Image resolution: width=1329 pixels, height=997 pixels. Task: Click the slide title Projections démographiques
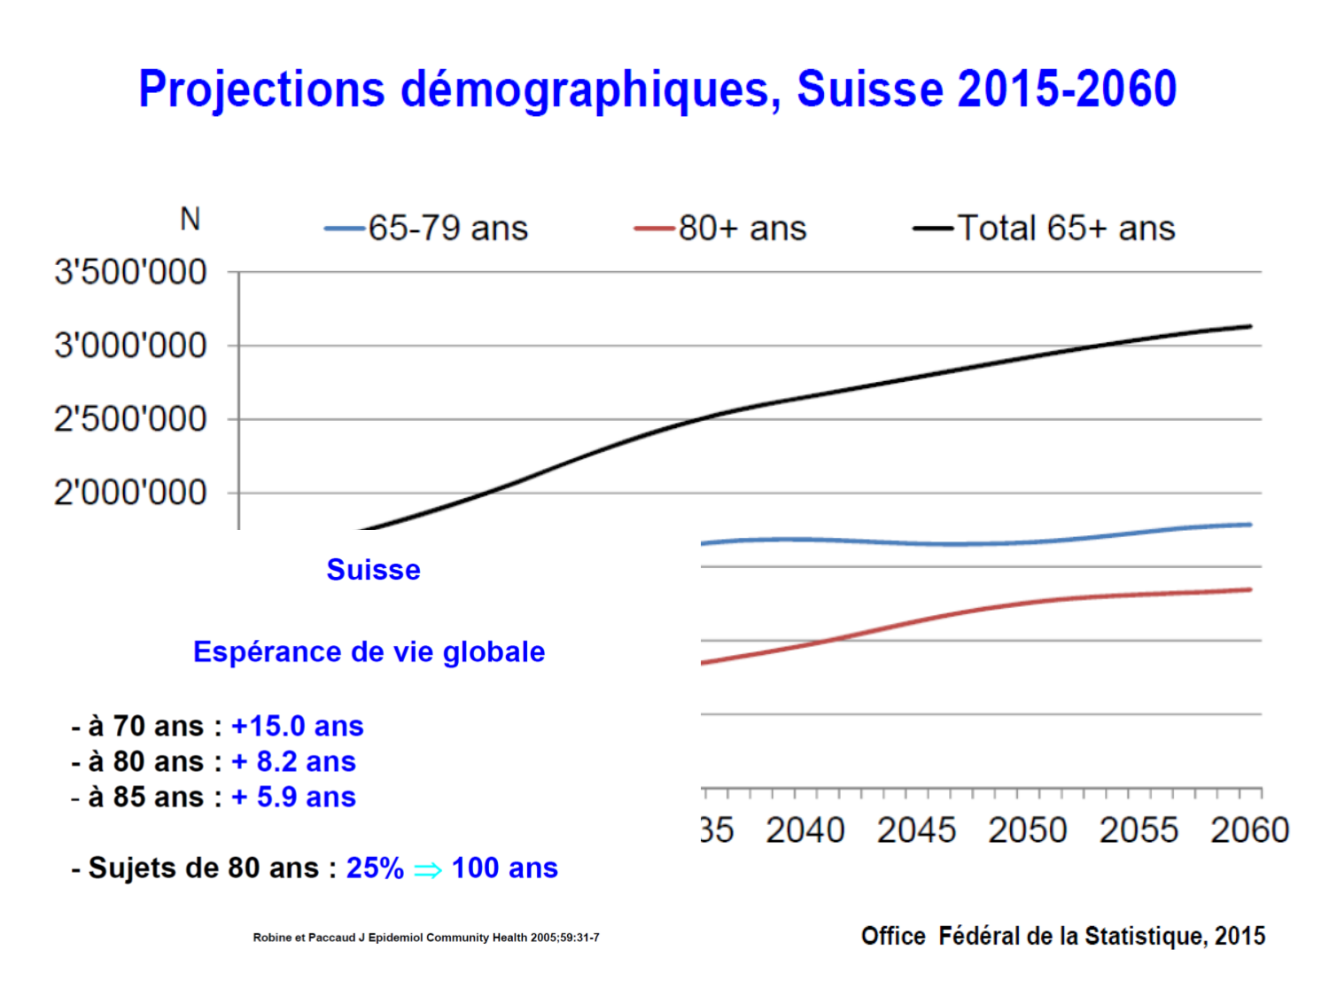(657, 90)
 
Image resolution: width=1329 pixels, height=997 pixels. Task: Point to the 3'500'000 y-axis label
(130, 272)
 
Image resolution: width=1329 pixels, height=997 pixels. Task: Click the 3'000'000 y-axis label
(130, 346)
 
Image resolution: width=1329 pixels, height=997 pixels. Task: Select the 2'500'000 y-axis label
(130, 419)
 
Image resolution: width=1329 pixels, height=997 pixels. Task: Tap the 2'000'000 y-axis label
(130, 493)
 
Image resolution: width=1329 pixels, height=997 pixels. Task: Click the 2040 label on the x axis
(805, 831)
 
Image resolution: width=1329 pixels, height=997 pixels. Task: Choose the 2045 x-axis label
(916, 831)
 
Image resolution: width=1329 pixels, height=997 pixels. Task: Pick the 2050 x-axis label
(1028, 831)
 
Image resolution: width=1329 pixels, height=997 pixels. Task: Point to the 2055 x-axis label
(1139, 831)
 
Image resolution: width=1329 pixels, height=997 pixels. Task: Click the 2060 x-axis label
(1249, 831)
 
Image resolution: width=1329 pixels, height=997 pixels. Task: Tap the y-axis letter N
(190, 219)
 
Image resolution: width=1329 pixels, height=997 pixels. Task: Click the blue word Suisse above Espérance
(373, 570)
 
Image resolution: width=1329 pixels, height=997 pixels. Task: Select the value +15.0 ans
(297, 726)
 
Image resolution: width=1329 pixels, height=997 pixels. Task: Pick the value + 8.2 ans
(293, 761)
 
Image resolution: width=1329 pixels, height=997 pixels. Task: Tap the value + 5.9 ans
(293, 797)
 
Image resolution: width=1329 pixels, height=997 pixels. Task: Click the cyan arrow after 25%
(428, 870)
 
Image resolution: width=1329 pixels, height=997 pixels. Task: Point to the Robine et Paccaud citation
(426, 938)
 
